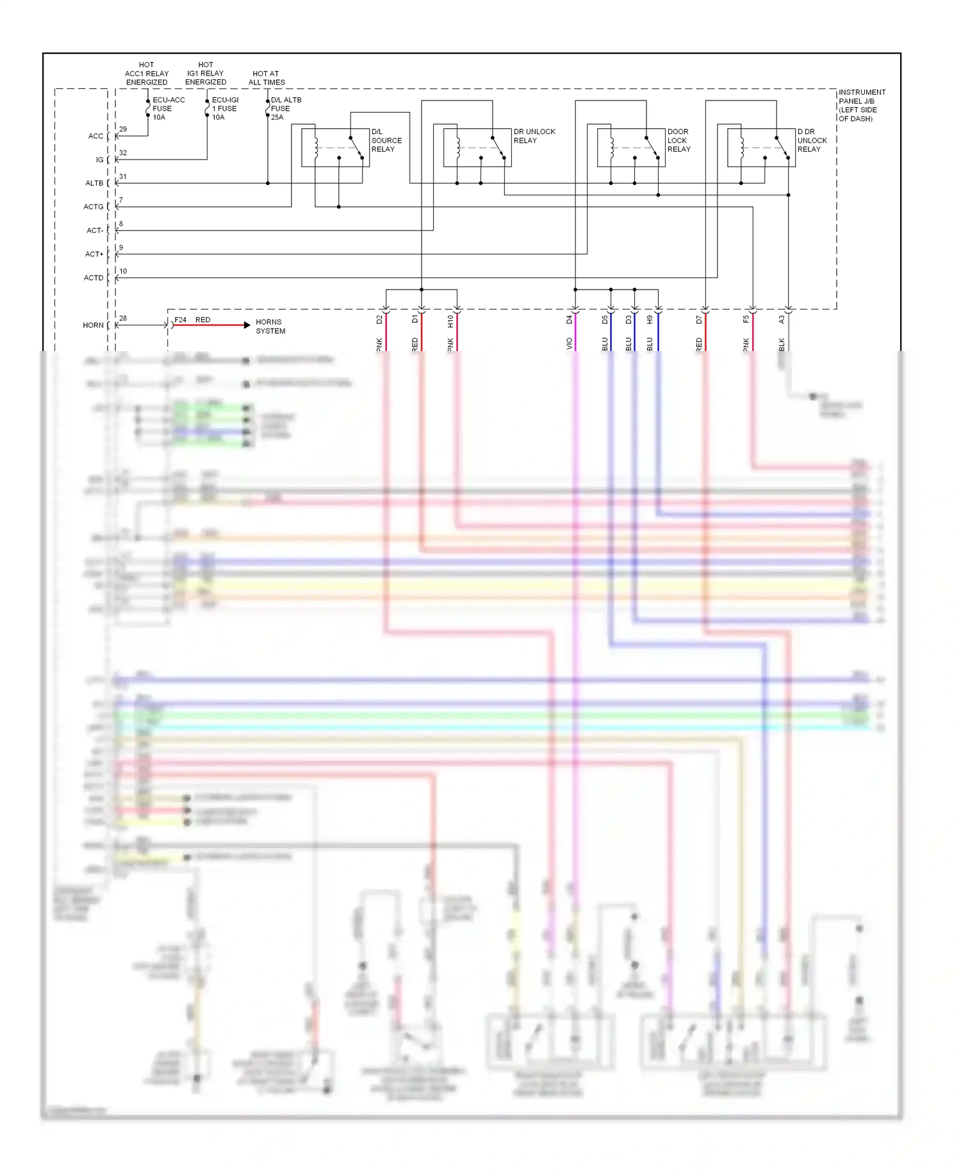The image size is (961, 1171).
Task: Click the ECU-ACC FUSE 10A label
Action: [168, 109]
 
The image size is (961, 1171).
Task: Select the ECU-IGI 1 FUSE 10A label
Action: [225, 109]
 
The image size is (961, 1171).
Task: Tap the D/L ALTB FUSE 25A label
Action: [286, 109]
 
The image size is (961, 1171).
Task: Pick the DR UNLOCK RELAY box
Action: [477, 147]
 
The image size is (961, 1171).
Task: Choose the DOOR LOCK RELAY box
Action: [631, 147]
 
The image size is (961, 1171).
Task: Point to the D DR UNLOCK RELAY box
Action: [761, 147]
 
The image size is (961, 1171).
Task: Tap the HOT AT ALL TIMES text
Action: [267, 78]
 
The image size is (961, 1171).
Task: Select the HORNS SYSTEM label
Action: [270, 327]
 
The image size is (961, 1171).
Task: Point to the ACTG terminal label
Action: [94, 207]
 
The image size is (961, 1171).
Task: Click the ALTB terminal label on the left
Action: [94, 183]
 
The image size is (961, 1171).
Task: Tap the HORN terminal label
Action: [93, 325]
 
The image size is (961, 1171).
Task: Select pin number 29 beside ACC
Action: [123, 129]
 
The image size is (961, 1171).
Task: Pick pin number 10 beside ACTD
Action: [123, 272]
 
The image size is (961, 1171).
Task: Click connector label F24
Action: [181, 320]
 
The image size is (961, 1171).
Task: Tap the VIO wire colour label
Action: [570, 344]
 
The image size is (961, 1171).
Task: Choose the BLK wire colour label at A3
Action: [782, 344]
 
